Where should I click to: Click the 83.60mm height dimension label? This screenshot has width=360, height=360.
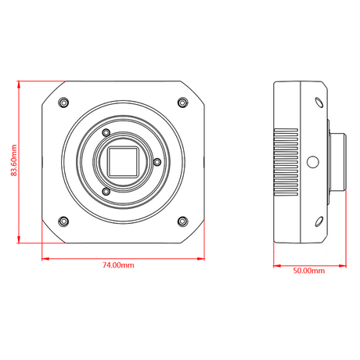point(14,160)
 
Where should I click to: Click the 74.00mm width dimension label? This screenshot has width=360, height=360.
point(118,265)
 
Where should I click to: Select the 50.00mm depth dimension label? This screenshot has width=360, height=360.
point(309,271)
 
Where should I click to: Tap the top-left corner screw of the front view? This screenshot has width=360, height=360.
point(63,102)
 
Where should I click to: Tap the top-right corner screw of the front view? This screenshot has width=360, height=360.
point(182,102)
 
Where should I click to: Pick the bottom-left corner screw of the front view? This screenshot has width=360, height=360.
point(63,221)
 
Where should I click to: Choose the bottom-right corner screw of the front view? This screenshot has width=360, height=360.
point(182,221)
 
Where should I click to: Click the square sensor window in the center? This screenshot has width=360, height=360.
point(123,162)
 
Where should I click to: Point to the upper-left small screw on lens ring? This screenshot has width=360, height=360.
point(106,133)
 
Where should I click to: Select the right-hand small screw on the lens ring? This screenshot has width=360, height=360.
point(157,162)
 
